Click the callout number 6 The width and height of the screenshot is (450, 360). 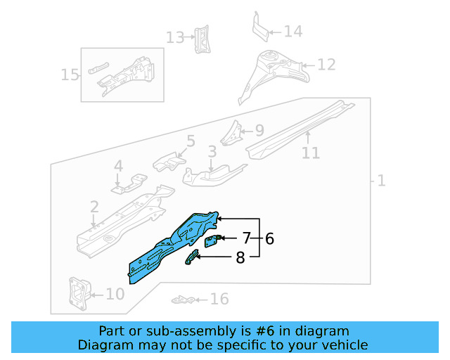click(x=269, y=239)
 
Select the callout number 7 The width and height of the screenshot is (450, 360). click(x=247, y=238)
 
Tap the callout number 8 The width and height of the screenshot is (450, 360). click(x=240, y=258)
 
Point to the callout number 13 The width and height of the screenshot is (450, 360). click(x=174, y=37)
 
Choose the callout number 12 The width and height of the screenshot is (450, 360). click(x=326, y=65)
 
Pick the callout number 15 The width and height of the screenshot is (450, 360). click(x=70, y=75)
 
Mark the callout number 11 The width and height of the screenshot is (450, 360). click(x=310, y=153)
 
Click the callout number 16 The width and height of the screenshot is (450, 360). click(x=219, y=300)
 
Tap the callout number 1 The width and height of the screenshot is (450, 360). click(x=380, y=181)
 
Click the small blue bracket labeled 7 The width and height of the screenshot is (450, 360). click(x=211, y=241)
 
